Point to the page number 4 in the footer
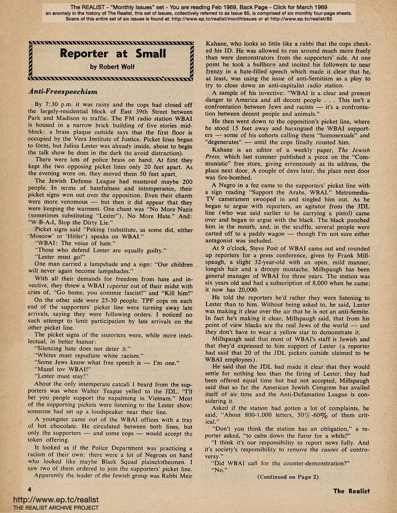30,490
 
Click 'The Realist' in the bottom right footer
351,491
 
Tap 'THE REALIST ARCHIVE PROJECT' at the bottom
49,508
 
